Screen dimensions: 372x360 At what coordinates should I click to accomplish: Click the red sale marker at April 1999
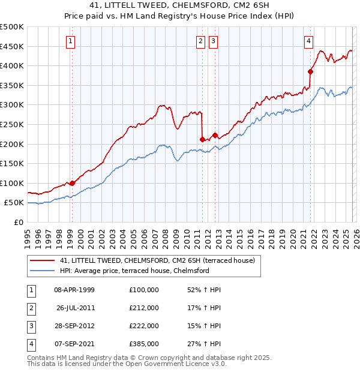[72, 183]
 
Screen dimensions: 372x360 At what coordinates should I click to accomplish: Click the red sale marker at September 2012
[215, 136]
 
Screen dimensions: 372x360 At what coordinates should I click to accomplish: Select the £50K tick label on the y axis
[14, 203]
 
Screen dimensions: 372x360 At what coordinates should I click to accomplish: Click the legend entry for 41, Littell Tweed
[157, 260]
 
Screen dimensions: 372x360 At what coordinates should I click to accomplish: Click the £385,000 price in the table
[144, 344]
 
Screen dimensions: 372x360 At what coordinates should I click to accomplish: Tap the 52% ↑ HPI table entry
[204, 290]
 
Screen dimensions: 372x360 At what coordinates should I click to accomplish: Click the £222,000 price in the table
[144, 326]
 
